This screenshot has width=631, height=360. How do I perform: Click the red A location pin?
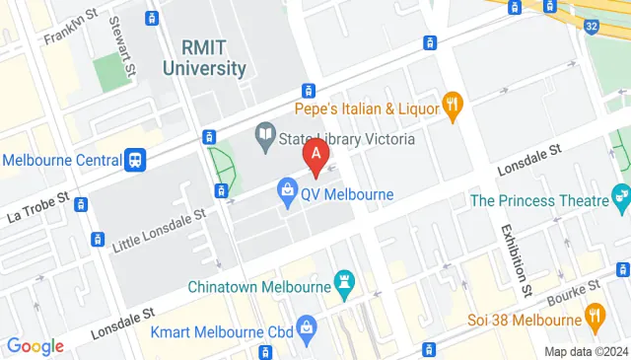tap(315, 155)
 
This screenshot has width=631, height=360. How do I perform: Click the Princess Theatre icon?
tap(621, 200)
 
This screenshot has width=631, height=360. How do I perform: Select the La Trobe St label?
tap(38, 205)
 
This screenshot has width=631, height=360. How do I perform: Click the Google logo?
tap(35, 345)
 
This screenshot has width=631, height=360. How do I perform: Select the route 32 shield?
tap(589, 27)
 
